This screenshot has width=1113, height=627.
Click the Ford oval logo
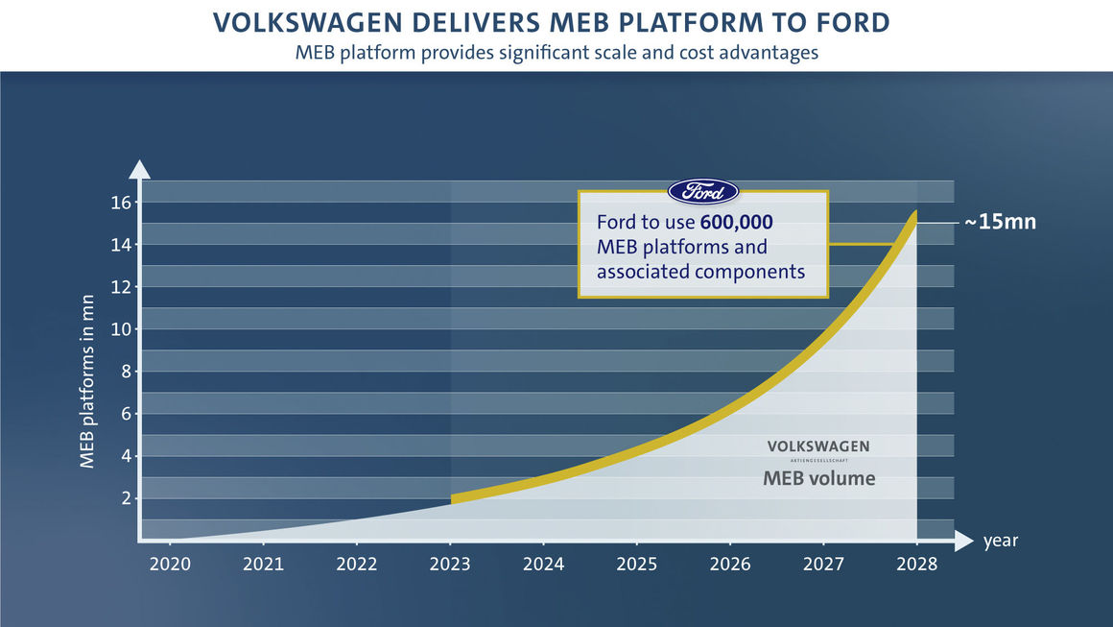pos(702,191)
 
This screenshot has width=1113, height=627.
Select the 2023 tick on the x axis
pos(450,564)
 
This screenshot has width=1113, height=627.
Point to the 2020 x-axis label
pos(170,564)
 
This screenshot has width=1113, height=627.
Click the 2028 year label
pos(917,564)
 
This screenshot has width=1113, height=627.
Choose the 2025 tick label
pos(637,564)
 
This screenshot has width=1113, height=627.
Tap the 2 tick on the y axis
pos(125,498)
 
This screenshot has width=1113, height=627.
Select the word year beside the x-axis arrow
pos(1000,541)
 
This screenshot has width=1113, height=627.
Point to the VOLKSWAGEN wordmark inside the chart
pos(817,446)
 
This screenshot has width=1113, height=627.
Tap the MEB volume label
pos(818,477)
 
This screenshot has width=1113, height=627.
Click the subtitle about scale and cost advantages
pos(556,52)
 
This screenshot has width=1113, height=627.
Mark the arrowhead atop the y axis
pos(139,169)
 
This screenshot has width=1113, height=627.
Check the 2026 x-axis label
pos(730,564)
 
